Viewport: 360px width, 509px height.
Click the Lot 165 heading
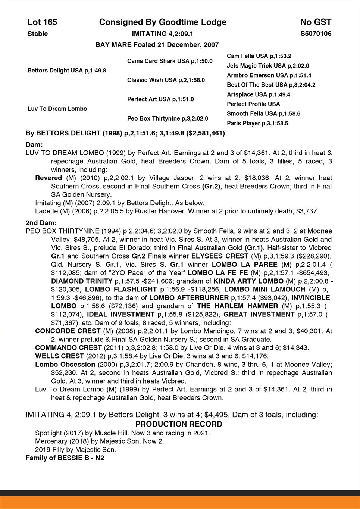42,22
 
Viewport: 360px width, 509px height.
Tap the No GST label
316,22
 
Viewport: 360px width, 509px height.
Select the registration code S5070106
316,34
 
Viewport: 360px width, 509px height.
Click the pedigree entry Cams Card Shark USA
170,61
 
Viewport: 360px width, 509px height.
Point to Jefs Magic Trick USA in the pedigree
268,66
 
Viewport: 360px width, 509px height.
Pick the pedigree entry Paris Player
257,123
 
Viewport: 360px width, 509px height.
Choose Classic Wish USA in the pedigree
166,80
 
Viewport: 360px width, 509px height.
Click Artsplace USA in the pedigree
259,94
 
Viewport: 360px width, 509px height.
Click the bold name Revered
48,178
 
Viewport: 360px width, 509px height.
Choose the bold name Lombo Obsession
65,364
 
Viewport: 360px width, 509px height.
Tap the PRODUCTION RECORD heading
179,424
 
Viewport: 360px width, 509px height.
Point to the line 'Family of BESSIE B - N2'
65,458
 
